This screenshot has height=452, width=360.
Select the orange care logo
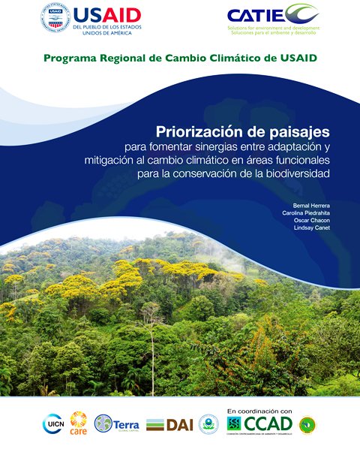pyautogui.click(x=79, y=423)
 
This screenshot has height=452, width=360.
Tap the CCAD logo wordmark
pyautogui.click(x=268, y=424)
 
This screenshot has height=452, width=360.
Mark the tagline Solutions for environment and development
pyautogui.click(x=274, y=27)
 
